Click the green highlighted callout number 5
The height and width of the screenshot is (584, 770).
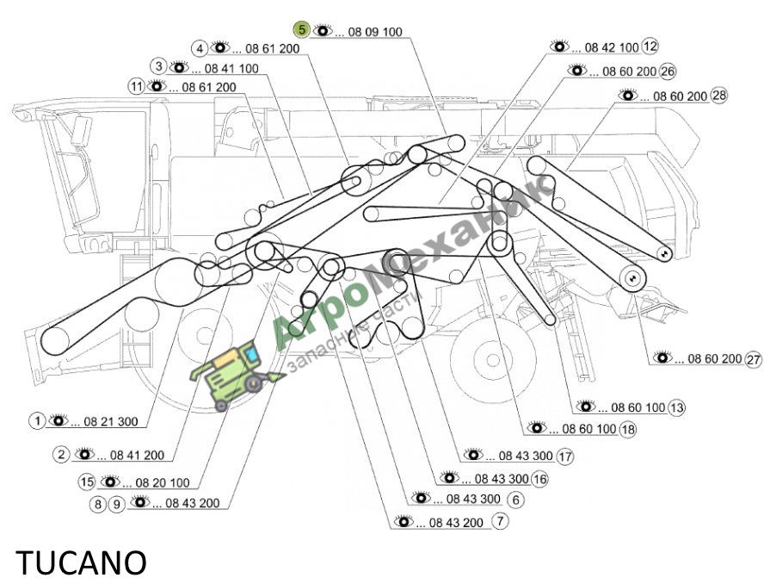tap(301, 30)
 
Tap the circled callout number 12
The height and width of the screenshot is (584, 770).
tap(650, 47)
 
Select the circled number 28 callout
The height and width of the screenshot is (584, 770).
tap(719, 95)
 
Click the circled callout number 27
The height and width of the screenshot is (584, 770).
tap(754, 359)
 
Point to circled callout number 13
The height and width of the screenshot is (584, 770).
tap(677, 407)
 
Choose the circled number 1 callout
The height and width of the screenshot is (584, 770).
tap(37, 421)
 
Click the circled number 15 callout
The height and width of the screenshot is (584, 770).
tap(87, 481)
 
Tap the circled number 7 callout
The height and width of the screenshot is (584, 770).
tap(500, 520)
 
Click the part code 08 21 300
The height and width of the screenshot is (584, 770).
tap(111, 422)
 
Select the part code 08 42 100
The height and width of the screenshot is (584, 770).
tap(612, 47)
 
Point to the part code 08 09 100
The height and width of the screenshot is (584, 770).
tap(375, 32)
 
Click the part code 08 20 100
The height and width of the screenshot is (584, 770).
tap(163, 482)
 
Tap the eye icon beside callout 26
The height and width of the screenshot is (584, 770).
tap(577, 70)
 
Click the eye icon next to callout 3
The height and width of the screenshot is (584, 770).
tap(179, 67)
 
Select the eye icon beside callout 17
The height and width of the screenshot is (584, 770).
tap(473, 454)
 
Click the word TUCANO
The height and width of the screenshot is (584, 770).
tap(82, 562)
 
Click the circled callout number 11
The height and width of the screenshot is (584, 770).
tap(136, 86)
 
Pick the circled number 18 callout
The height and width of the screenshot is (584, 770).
tap(627, 430)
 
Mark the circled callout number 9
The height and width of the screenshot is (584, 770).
tap(116, 504)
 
